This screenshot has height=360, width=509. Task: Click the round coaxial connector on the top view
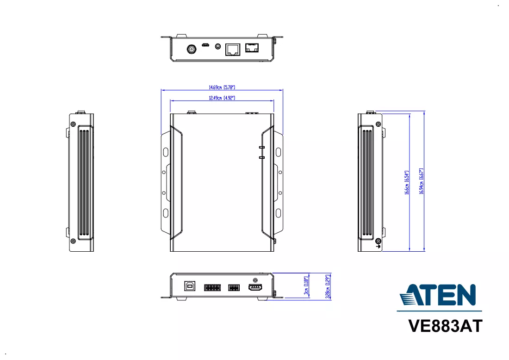click(192, 50)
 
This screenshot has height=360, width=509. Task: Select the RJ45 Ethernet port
click(233, 50)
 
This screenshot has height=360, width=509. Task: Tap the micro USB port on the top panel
click(205, 45)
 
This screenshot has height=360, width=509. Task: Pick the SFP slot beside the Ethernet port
click(252, 48)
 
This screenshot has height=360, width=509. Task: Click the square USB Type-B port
click(190, 286)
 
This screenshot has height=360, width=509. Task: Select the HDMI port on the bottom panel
click(255, 287)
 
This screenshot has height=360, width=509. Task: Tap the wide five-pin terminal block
click(212, 288)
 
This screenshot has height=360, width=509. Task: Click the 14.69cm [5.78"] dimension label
click(222, 87)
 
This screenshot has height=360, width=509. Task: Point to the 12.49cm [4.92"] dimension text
click(222, 98)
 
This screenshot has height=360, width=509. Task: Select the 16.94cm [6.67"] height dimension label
click(422, 181)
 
